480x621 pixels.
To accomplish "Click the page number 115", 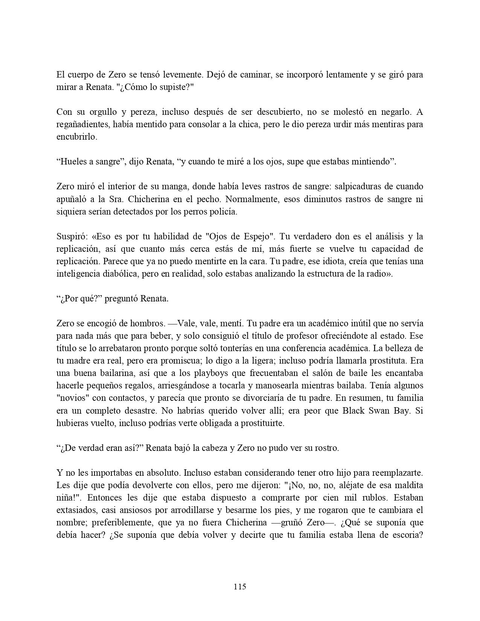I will (x=240, y=586).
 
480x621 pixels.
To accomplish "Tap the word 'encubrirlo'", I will (x=76, y=137).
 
